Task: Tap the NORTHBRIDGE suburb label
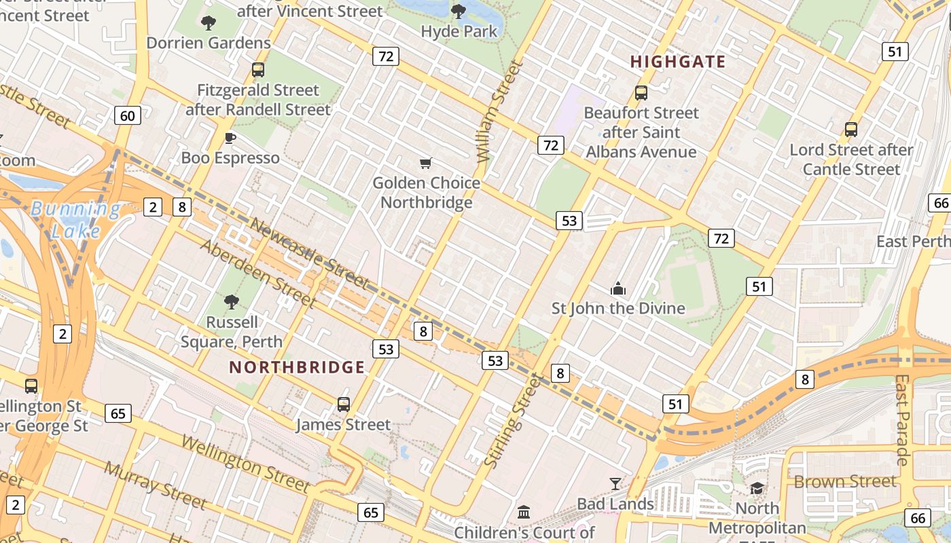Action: click(297, 368)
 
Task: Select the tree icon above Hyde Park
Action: click(459, 11)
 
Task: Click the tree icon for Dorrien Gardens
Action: click(209, 23)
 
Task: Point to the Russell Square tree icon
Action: click(232, 302)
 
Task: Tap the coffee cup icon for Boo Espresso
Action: click(230, 138)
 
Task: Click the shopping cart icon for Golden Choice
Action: click(426, 163)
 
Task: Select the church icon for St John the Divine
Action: click(617, 289)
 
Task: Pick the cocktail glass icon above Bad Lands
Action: click(615, 484)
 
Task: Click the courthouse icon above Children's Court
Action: click(524, 512)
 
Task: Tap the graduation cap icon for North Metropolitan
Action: click(757, 488)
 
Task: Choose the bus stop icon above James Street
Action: click(344, 405)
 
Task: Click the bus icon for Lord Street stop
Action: click(851, 129)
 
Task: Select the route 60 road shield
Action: click(128, 115)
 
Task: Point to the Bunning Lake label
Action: click(75, 220)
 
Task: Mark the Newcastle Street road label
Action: click(308, 253)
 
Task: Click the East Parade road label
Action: click(902, 419)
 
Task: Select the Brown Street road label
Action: click(845, 482)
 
